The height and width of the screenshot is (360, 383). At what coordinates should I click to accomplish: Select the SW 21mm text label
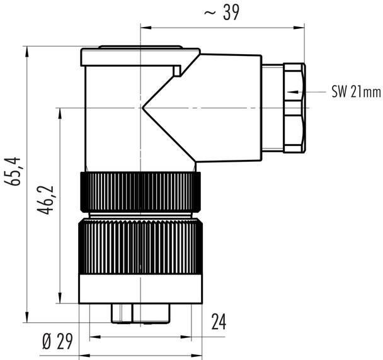[356, 92]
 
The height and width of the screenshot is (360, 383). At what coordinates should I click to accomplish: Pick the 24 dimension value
[218, 322]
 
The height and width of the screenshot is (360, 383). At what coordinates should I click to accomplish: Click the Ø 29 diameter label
[57, 342]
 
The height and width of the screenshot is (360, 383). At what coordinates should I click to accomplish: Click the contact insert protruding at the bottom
[140, 313]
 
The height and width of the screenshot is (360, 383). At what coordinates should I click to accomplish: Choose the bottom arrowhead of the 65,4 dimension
[27, 317]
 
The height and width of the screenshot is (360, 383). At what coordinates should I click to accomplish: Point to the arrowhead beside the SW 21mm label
[291, 92]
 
